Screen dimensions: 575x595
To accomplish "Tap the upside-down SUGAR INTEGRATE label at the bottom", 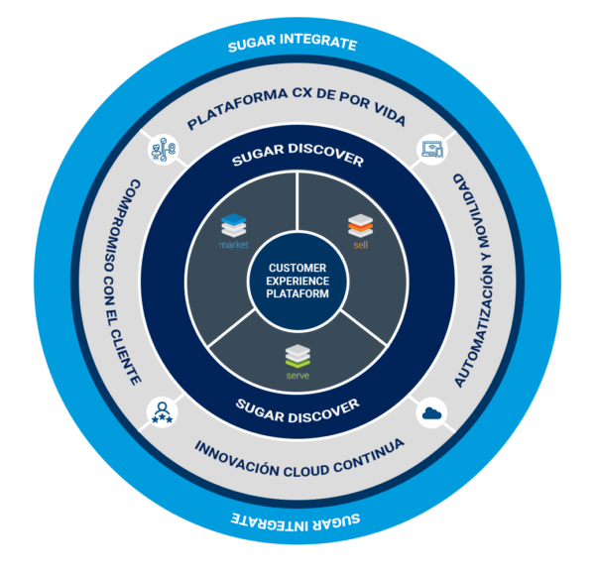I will [295, 519].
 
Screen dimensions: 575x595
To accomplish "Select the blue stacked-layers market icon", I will [235, 224].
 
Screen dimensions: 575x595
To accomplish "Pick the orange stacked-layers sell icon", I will [359, 224].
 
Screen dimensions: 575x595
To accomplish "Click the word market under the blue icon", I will [235, 244].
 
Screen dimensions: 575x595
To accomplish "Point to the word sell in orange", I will [359, 243].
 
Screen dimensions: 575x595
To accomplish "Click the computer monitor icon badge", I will [432, 151].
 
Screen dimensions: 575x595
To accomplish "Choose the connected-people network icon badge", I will [162, 151].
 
